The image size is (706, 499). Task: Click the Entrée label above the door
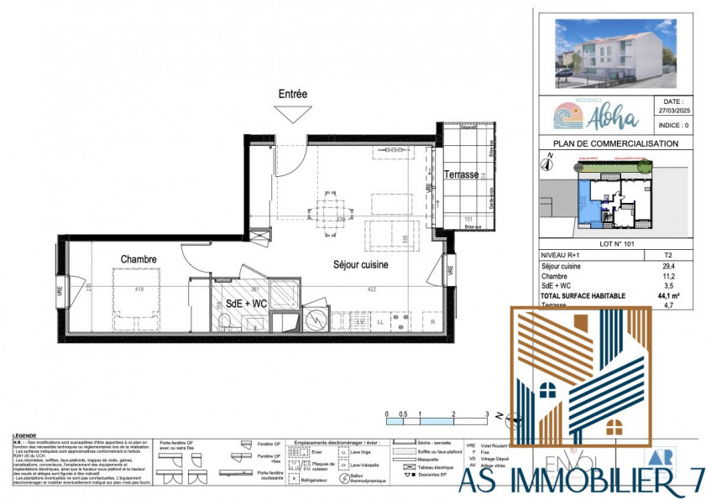click(x=293, y=95)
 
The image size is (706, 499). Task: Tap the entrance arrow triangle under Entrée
click(x=293, y=114)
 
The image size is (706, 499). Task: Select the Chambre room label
click(x=139, y=259)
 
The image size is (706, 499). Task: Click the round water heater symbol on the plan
click(x=316, y=320)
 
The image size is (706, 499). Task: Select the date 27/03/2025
click(x=667, y=109)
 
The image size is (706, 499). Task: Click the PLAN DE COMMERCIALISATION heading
click(x=610, y=143)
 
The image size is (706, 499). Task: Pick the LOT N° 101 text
click(x=610, y=242)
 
